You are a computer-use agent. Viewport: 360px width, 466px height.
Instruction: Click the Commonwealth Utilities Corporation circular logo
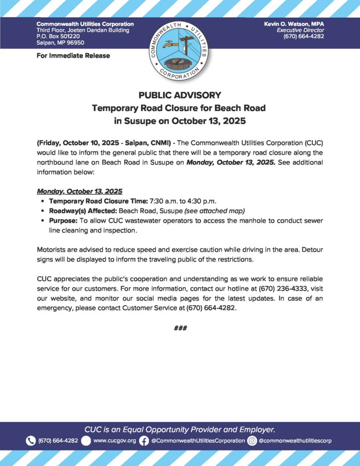180,50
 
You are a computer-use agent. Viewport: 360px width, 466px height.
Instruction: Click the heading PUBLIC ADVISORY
180,96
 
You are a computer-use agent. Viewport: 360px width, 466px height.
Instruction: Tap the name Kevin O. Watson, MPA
294,24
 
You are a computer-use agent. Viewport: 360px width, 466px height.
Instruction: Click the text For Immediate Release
73,56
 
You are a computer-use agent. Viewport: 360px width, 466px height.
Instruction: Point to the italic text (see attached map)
215,211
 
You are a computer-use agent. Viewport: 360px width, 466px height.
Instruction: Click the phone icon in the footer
31,441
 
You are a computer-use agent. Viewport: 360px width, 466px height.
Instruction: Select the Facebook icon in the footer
144,441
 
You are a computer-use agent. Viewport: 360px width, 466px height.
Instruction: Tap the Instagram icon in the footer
252,441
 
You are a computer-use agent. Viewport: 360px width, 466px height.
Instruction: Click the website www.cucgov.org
114,441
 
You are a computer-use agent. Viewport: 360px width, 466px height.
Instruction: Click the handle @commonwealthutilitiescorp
295,441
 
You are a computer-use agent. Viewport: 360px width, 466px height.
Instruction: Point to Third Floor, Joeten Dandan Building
83,30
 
